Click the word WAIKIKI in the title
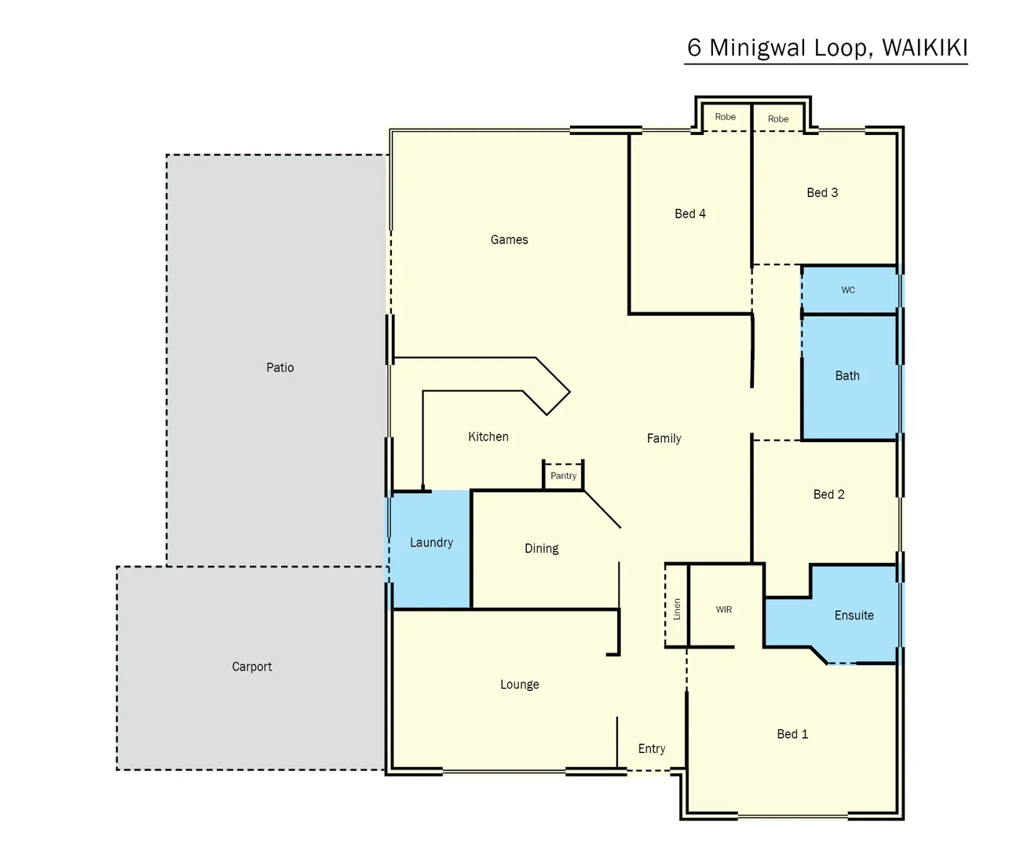click(x=924, y=48)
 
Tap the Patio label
click(x=280, y=367)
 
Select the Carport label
click(x=251, y=667)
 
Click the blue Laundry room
click(x=431, y=550)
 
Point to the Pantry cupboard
click(x=563, y=476)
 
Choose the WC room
click(x=848, y=290)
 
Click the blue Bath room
click(x=847, y=376)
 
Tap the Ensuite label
click(x=854, y=616)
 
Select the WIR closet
click(x=723, y=609)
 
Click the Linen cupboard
click(x=677, y=609)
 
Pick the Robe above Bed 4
click(x=725, y=117)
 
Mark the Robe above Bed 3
click(x=777, y=119)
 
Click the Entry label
click(x=651, y=749)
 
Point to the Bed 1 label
click(x=792, y=734)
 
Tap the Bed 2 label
click(x=828, y=495)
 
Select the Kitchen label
click(x=488, y=437)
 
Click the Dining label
click(x=541, y=549)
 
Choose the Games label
click(x=509, y=240)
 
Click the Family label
click(x=664, y=439)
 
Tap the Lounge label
click(x=519, y=685)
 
